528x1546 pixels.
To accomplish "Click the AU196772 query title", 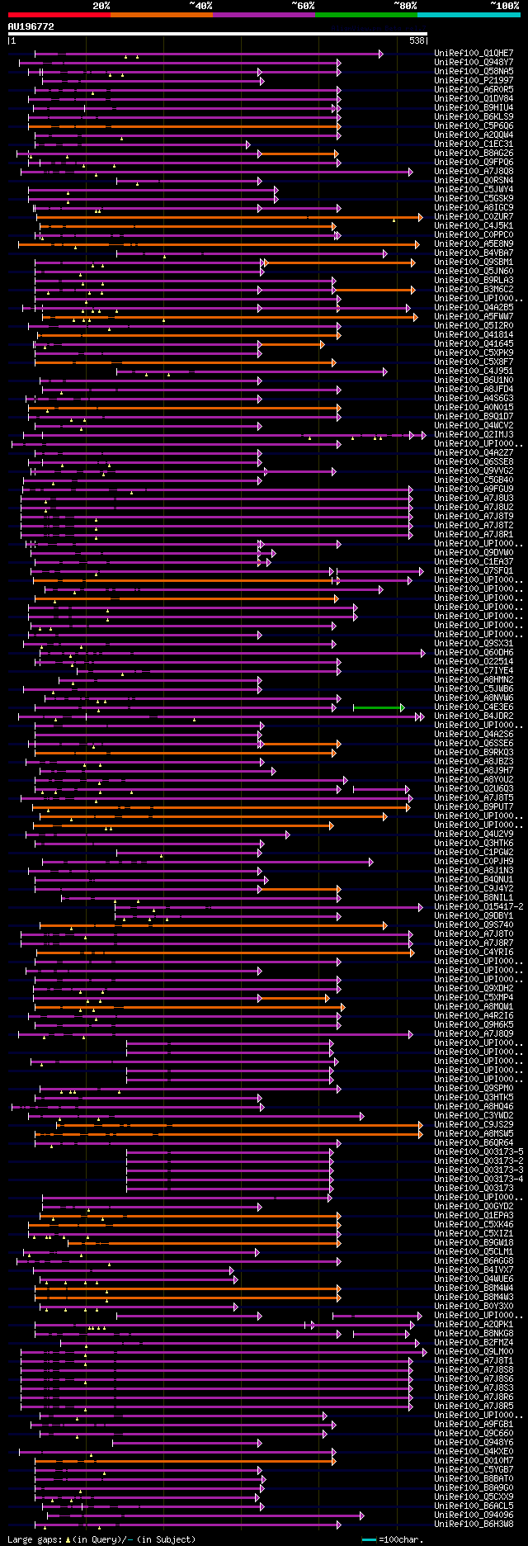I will click(x=31, y=26).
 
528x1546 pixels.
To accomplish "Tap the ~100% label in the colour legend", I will click(x=504, y=6).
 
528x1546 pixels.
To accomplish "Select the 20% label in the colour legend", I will click(x=101, y=6).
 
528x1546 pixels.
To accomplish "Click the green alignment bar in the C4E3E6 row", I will click(x=379, y=707).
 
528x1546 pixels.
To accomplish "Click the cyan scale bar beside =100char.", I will click(x=369, y=1540).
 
